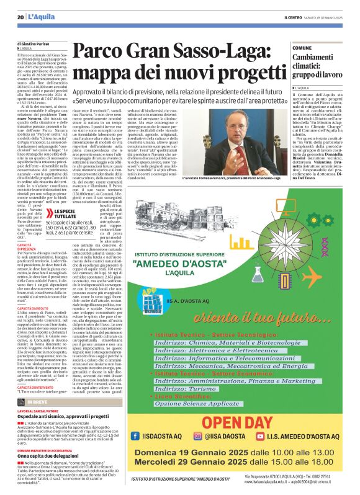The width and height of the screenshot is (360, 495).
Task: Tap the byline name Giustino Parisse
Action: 47,42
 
